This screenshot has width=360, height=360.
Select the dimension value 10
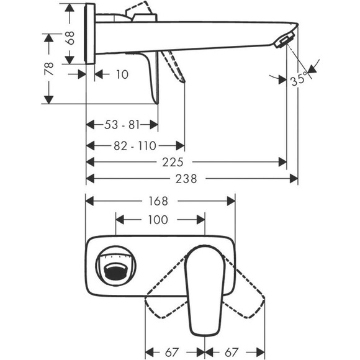pyautogui.click(x=122, y=74)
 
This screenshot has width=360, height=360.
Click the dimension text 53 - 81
pyautogui.click(x=122, y=125)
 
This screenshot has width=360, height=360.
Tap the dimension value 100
pyautogui.click(x=159, y=219)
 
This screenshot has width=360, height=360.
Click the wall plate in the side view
pyautogui.click(x=90, y=35)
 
